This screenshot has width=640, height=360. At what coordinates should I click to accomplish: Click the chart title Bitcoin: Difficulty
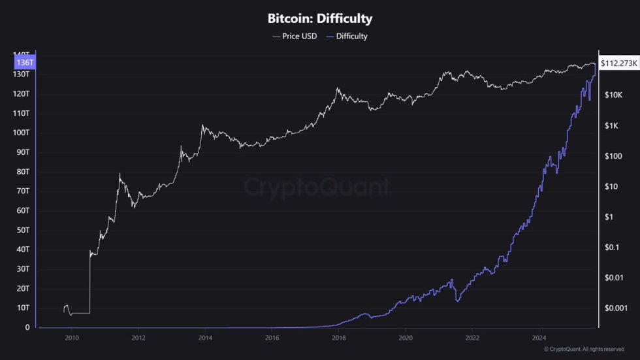[320, 19]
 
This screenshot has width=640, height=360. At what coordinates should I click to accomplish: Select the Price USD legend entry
[295, 36]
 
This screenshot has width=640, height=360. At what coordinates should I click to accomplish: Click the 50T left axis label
[23, 230]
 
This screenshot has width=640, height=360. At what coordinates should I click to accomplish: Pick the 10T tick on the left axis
[23, 308]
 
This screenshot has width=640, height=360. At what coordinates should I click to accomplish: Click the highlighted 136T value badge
[24, 62]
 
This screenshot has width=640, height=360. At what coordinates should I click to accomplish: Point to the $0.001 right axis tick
[615, 308]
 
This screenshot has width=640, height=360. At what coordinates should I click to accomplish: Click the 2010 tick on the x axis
[72, 338]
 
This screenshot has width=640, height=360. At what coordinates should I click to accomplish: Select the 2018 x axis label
[338, 338]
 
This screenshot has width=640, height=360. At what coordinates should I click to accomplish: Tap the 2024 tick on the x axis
[539, 338]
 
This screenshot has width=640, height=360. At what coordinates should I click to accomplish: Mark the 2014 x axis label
[205, 338]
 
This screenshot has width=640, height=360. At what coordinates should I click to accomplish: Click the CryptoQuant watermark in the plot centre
[317, 188]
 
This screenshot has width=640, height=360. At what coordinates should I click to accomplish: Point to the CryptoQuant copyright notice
[589, 350]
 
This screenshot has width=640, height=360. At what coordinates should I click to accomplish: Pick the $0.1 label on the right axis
[611, 247]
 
